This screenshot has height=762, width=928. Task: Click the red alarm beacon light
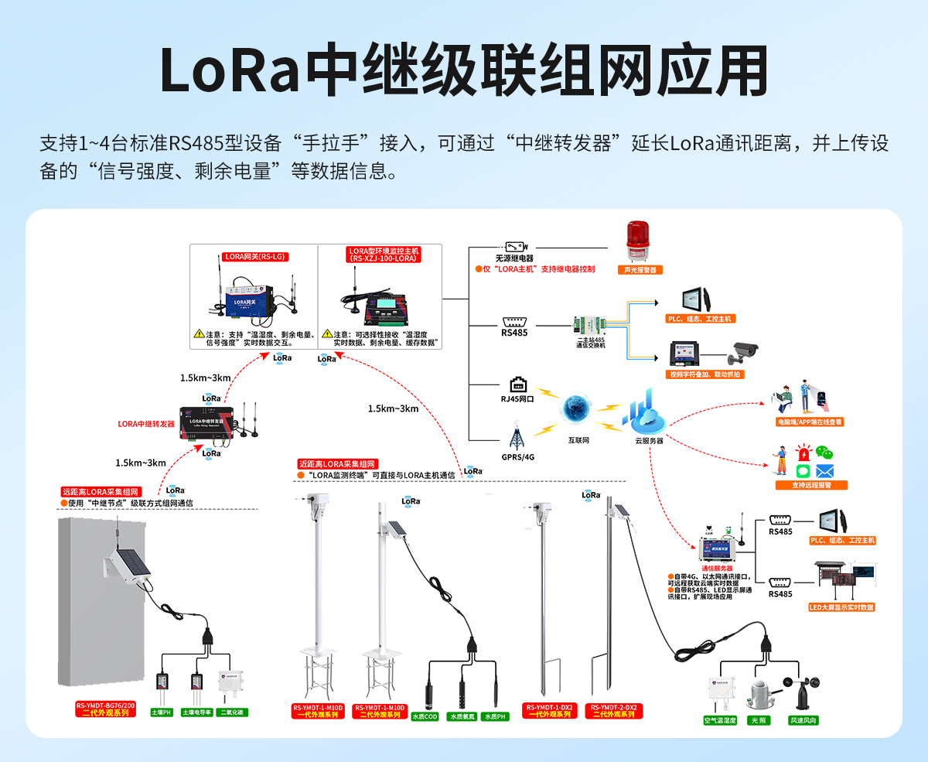638,241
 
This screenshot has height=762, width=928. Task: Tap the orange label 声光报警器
639,270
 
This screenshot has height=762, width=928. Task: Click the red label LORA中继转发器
146,424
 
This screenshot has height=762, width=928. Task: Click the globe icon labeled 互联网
575,410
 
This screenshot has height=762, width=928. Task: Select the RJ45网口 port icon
517,384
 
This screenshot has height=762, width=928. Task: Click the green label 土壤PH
161,712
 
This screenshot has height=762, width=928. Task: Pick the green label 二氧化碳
233,712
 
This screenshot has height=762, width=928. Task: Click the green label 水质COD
425,716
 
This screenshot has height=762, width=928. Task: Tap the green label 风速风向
803,720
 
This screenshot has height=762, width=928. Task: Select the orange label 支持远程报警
810,485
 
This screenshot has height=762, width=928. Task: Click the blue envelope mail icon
825,470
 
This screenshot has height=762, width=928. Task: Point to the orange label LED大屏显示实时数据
841,607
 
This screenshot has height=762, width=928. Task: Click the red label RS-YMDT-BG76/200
105,706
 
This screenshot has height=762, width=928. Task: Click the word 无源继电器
514,258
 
